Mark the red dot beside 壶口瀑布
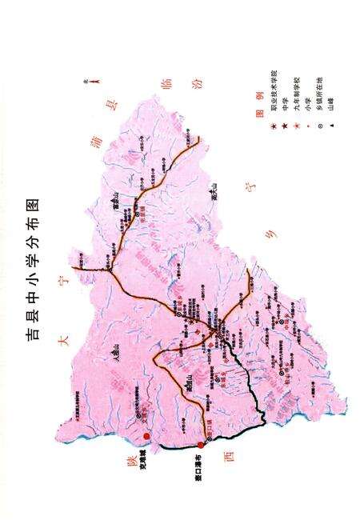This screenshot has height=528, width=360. coord(201,446)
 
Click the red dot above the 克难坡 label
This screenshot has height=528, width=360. coord(146,437)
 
